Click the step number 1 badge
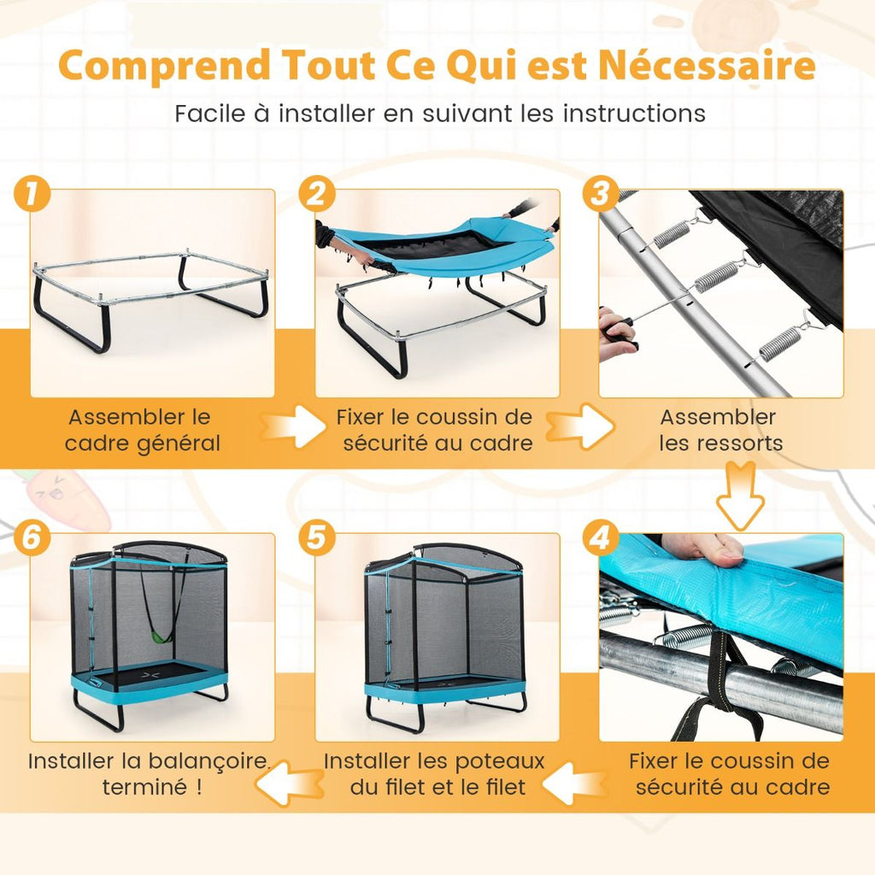click(x=32, y=195)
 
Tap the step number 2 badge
click(x=317, y=195)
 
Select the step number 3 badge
click(x=601, y=195)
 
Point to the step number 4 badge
click(x=601, y=539)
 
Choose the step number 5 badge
click(x=317, y=539)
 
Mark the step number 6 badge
click(x=32, y=539)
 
